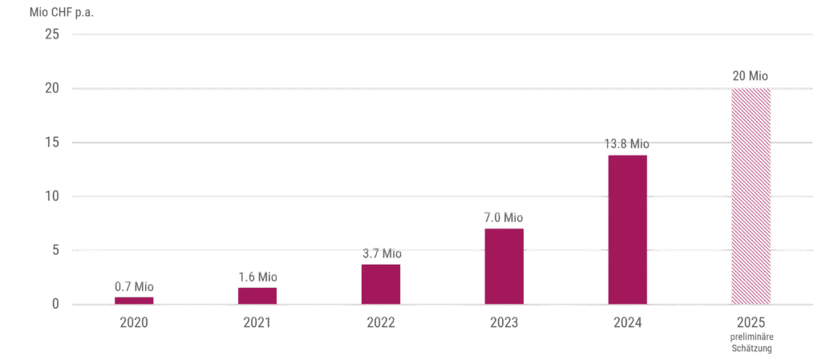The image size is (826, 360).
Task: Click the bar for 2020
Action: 134,300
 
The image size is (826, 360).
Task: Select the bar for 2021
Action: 257,295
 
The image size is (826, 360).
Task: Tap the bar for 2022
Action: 381,284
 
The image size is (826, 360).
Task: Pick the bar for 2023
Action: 504,266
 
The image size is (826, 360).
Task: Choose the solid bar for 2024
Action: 627,229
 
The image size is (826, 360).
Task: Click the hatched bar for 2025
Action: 751,196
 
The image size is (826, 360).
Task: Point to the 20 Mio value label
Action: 751,76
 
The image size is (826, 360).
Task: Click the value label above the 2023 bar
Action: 504,217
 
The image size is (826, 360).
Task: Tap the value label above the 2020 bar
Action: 134,286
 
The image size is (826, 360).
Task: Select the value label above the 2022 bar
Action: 381,253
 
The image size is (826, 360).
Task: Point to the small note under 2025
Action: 751,343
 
